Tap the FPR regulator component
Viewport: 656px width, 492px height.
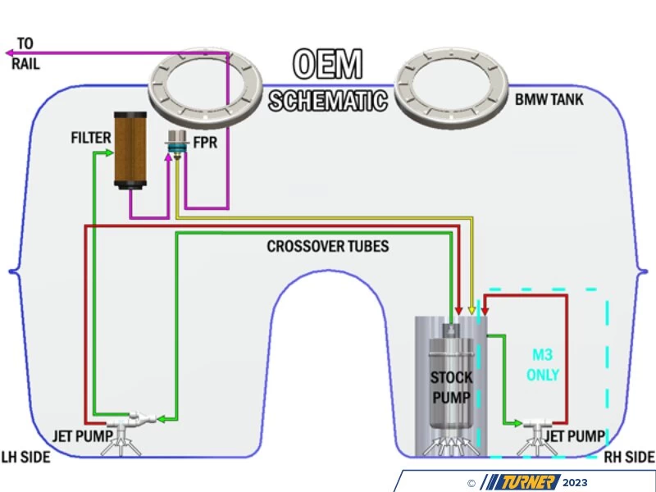click(x=175, y=143)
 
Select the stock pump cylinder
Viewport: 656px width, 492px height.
click(x=450, y=381)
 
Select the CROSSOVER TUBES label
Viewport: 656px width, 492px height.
click(x=327, y=246)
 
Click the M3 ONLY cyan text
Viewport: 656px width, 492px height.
click(x=543, y=365)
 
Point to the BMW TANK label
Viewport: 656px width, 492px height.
click(x=549, y=101)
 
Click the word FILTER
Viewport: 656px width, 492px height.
click(x=90, y=137)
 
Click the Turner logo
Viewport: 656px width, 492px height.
click(x=520, y=482)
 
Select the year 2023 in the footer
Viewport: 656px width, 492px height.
click(x=575, y=482)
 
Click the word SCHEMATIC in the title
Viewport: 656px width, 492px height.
click(x=327, y=100)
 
